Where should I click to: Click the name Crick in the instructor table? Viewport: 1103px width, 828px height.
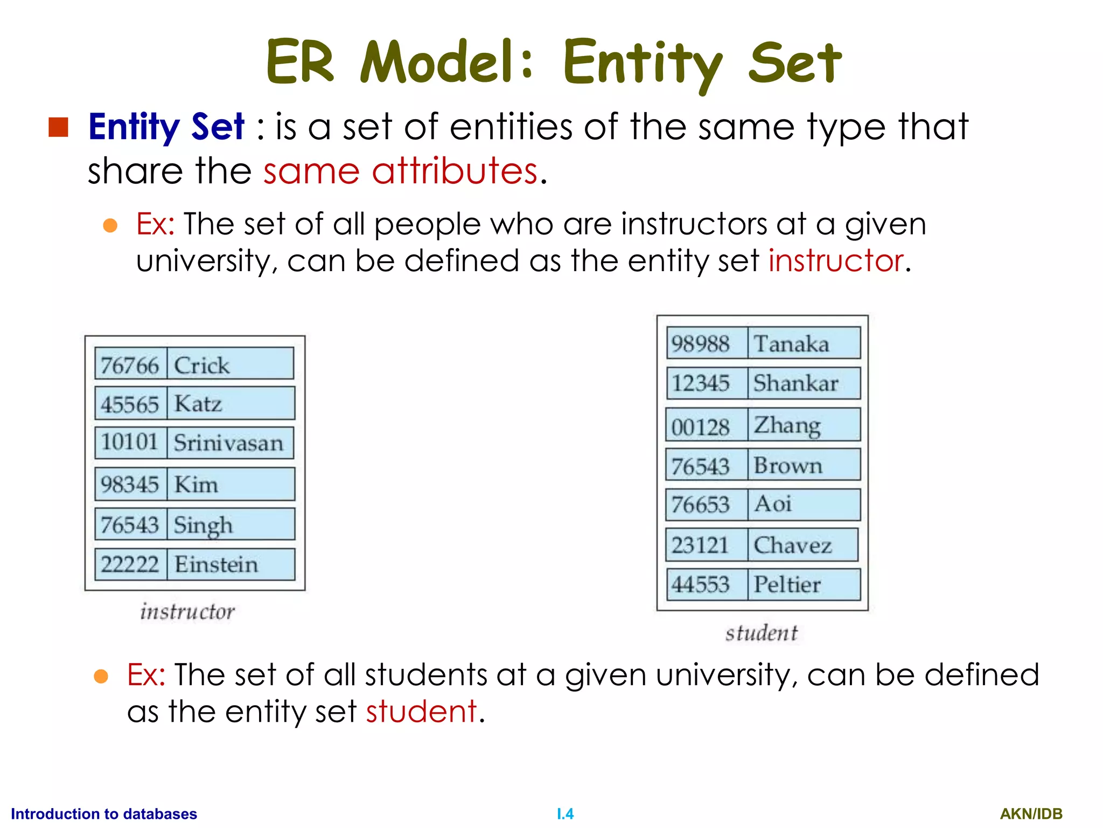click(x=202, y=365)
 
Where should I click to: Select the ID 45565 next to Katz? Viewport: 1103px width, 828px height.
click(x=130, y=404)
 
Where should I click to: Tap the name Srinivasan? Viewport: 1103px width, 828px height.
click(x=228, y=443)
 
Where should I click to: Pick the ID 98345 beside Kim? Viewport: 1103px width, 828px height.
click(x=130, y=484)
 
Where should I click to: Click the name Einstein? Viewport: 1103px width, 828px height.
click(x=217, y=564)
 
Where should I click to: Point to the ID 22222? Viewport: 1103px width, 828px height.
click(x=130, y=564)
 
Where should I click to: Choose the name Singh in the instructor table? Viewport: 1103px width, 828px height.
click(x=204, y=525)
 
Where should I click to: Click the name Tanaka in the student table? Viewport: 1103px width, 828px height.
click(x=791, y=344)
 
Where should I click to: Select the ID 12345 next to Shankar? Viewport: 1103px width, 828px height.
click(x=701, y=383)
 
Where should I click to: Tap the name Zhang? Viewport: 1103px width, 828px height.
click(x=787, y=425)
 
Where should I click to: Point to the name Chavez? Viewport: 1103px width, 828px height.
click(x=793, y=545)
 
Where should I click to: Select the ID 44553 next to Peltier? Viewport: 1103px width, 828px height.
click(x=701, y=584)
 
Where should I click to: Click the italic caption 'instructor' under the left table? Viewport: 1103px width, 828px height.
click(x=187, y=612)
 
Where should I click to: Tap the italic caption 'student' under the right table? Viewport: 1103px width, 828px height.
click(x=762, y=633)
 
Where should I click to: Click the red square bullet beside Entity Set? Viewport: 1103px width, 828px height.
click(x=58, y=127)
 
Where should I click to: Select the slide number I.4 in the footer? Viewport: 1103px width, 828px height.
click(x=565, y=813)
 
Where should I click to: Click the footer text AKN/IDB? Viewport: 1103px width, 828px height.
click(x=1031, y=813)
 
